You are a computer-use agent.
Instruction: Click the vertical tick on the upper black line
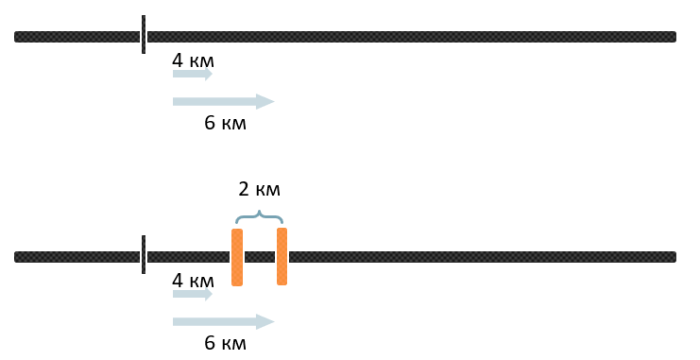click(144, 34)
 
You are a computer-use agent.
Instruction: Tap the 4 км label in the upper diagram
click(193, 60)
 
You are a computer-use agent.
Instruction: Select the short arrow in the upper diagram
click(193, 74)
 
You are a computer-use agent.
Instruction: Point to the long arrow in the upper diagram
click(224, 101)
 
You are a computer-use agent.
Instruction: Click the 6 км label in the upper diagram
click(225, 123)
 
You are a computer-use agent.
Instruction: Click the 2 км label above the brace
click(260, 189)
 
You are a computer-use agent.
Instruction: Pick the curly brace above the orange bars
click(260, 216)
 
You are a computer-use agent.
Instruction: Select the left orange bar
click(237, 257)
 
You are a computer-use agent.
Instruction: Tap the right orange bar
click(282, 256)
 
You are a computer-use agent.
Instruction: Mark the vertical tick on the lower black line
click(144, 254)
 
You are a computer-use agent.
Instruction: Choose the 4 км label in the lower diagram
click(193, 281)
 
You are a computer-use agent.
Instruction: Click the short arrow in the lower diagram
click(193, 294)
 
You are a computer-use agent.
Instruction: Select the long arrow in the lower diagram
click(224, 321)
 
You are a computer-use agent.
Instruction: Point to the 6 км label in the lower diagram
click(225, 343)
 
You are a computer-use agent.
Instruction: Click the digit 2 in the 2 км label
click(244, 189)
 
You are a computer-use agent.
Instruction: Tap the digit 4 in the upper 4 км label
click(178, 60)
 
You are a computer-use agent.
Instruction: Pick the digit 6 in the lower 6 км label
click(210, 343)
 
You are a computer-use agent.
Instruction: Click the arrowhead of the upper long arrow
click(265, 101)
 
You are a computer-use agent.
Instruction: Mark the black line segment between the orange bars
click(260, 257)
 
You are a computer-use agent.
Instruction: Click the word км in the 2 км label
click(267, 191)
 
